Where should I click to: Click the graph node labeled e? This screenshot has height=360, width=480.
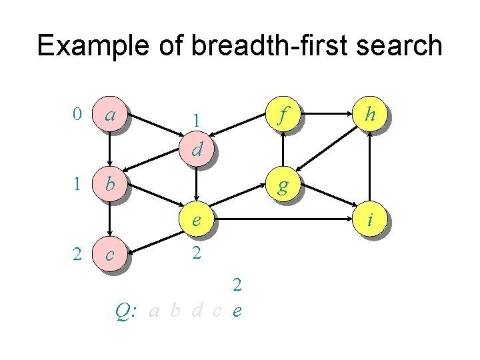coord(196,219)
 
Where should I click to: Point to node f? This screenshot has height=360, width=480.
coord(283,115)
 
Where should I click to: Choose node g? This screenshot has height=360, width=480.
coord(283,184)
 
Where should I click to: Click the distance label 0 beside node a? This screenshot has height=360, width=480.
coord(77,115)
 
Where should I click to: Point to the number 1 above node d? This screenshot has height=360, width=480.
coord(196,121)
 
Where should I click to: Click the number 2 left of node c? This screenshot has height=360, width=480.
coord(77,253)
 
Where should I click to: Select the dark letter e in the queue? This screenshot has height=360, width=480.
coord(237,311)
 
